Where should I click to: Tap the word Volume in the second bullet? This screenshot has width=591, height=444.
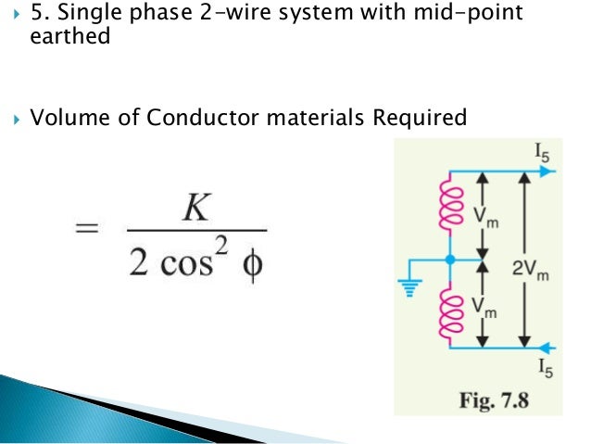69,118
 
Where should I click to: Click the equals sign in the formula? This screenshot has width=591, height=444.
87,228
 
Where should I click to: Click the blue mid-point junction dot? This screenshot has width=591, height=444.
451,260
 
